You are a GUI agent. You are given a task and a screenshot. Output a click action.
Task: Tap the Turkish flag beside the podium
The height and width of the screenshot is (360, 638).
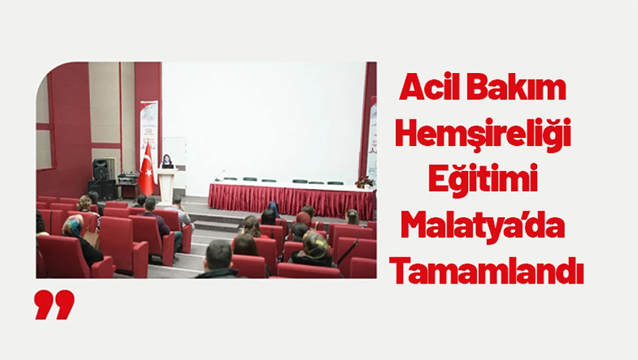(x=147, y=172)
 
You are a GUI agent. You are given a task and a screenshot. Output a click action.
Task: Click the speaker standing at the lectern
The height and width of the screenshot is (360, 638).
(x=167, y=161)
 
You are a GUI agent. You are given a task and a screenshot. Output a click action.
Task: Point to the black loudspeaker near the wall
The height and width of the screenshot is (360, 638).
(x=100, y=169)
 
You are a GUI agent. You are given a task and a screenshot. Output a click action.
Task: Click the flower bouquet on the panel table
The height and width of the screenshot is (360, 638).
(x=364, y=181)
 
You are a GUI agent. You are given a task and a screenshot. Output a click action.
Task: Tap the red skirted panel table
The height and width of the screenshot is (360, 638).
(x=290, y=199)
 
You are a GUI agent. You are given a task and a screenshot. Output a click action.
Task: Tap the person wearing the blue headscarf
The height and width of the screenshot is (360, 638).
(x=274, y=207)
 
